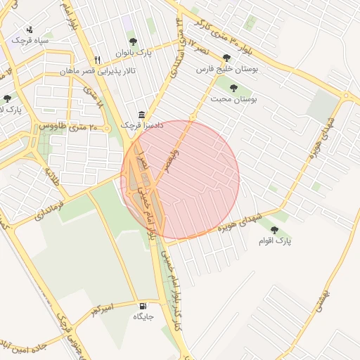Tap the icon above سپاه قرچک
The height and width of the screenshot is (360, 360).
30,30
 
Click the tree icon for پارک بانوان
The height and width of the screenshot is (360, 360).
151,41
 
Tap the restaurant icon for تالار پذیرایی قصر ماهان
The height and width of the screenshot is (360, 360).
98,59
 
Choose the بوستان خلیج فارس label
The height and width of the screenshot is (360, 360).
226,70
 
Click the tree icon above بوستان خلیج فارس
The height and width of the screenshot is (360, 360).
226,59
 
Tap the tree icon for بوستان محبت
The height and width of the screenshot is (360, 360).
234,89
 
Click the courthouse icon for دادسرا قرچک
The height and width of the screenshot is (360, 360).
142,115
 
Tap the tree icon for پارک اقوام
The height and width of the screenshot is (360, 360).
274,230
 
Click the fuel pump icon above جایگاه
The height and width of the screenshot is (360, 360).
143,306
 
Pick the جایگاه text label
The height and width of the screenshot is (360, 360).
143,317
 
